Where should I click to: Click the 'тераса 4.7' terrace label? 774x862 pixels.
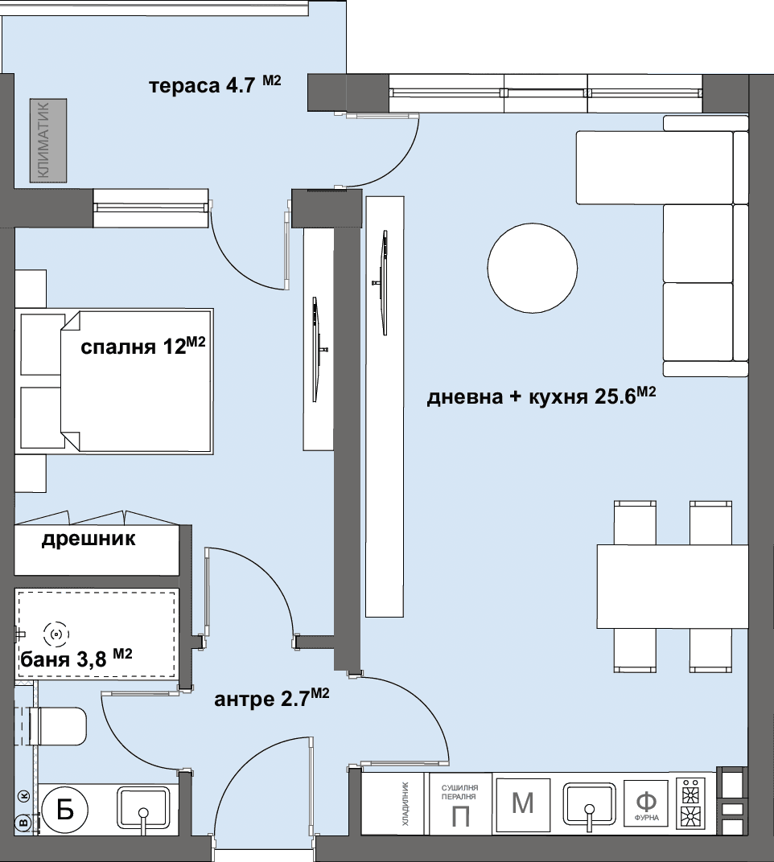tap(215, 85)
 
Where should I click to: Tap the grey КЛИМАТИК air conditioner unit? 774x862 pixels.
tap(48, 141)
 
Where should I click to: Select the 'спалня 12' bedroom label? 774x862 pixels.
tap(143, 346)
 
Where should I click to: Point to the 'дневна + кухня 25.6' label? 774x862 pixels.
tap(541, 396)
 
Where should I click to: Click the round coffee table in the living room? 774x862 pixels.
tap(533, 268)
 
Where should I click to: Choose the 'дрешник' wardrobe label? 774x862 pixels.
tap(89, 539)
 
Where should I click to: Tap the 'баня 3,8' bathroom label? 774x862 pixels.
tap(76, 658)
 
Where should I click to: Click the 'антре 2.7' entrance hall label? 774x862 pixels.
tap(272, 698)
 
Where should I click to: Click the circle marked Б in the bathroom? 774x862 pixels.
tap(65, 810)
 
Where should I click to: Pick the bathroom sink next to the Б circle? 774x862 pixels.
tap(143, 807)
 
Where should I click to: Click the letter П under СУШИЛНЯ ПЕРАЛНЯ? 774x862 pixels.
tap(460, 817)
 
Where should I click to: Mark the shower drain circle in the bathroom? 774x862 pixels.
tap(56, 635)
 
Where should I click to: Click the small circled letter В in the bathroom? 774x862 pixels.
tap(23, 823)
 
